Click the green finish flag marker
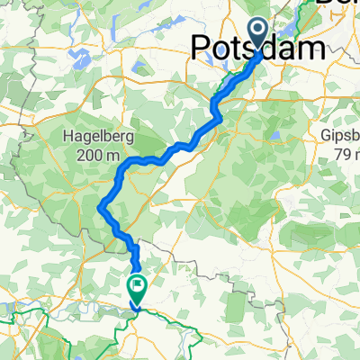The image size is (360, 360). [x=138, y=290]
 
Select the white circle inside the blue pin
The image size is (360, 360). [x=258, y=31]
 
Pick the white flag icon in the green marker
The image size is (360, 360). [x=138, y=288]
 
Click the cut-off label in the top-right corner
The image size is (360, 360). [x=338, y=4]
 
